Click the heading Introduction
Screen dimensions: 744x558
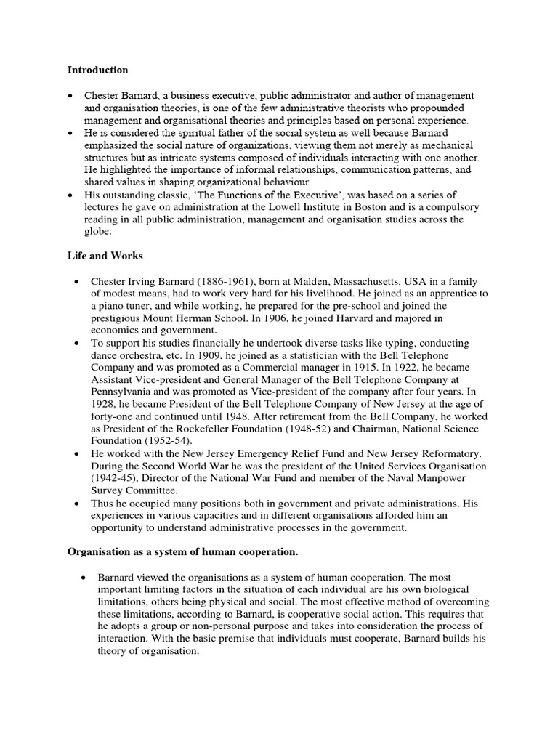(97, 70)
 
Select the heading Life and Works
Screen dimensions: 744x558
(105, 256)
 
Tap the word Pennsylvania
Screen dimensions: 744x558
(125, 392)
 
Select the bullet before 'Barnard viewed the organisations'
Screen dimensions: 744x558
(84, 577)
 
